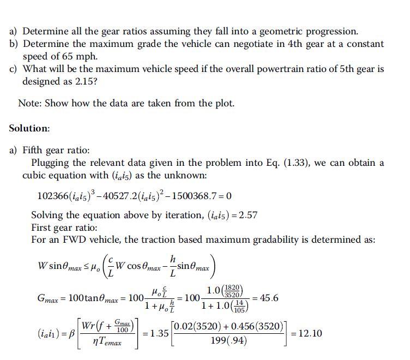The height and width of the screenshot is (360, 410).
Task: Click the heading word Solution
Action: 29,129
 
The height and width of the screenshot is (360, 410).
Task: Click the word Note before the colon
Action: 29,103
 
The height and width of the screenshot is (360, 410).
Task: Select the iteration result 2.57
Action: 248,215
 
